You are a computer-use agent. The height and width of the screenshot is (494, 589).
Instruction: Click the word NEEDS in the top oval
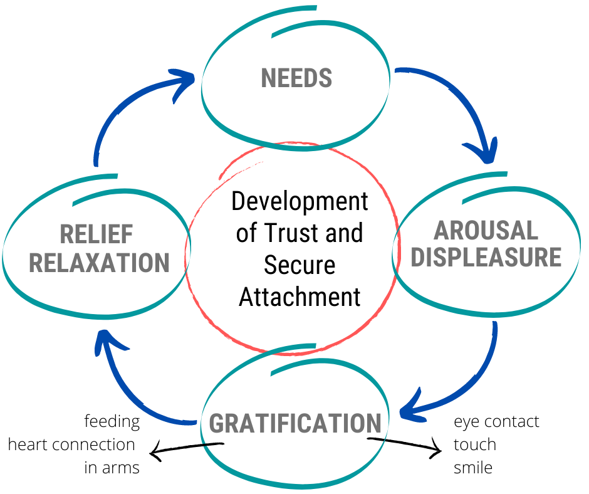click(x=296, y=78)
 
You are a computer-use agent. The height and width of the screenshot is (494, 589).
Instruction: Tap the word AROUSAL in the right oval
click(x=486, y=230)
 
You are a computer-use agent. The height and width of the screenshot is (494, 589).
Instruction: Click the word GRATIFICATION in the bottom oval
click(x=295, y=423)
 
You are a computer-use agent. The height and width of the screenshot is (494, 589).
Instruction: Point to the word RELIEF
click(x=96, y=234)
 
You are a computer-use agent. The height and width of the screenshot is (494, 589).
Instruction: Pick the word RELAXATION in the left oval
click(x=100, y=263)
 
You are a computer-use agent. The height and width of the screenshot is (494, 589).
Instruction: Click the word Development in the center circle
click(x=300, y=202)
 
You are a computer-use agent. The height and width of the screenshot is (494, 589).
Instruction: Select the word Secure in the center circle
click(x=299, y=265)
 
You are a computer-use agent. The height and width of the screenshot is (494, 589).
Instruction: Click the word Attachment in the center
click(x=300, y=296)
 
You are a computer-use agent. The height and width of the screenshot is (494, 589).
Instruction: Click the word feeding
click(x=112, y=421)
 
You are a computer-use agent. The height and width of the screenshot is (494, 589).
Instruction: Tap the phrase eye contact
click(x=496, y=421)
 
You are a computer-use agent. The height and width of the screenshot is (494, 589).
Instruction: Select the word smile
click(x=473, y=468)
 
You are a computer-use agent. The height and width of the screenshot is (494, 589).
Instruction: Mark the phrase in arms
click(x=112, y=468)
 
